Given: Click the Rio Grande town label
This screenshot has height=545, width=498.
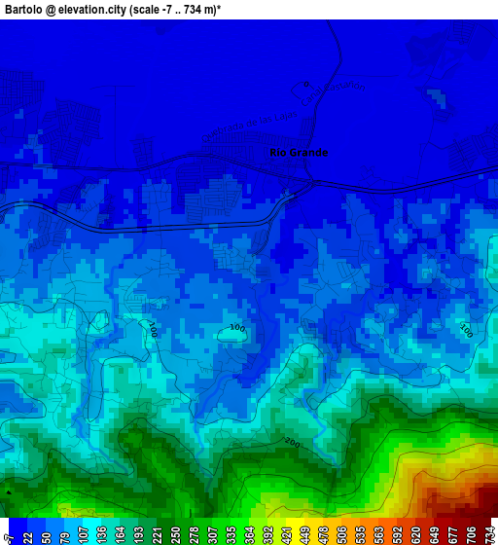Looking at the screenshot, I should point(299,153).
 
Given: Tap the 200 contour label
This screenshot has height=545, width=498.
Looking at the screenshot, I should point(292,444).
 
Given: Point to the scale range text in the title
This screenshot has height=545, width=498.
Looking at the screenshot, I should point(190,9).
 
